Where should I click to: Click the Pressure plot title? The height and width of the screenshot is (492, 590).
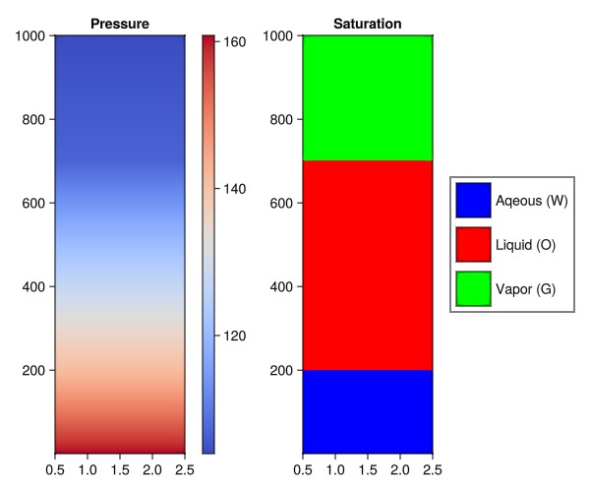[120, 23]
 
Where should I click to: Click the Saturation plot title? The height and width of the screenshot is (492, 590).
[367, 23]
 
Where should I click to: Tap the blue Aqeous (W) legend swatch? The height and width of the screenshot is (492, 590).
[473, 201]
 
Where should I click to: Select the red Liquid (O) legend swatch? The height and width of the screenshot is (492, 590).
[473, 244]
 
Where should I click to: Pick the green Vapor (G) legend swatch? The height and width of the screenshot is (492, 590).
[473, 288]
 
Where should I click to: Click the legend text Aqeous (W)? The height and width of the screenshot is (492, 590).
[532, 201]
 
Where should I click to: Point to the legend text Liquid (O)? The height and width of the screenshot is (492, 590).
[526, 244]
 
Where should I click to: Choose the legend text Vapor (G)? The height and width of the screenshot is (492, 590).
[526, 288]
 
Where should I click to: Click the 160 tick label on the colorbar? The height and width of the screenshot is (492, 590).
[237, 42]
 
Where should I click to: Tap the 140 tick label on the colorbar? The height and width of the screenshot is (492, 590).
[237, 188]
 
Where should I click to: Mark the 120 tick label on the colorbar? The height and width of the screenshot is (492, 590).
[237, 336]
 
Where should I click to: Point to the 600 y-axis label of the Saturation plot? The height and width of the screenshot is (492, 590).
[281, 204]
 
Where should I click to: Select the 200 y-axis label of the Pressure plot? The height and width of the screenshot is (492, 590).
[33, 370]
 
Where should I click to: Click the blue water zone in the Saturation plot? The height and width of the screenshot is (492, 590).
[367, 410]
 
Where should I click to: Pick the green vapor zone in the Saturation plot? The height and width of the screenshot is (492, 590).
[367, 97]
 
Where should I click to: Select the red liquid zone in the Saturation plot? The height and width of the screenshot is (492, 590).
[367, 265]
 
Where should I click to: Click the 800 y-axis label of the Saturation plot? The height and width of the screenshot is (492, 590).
[281, 120]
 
